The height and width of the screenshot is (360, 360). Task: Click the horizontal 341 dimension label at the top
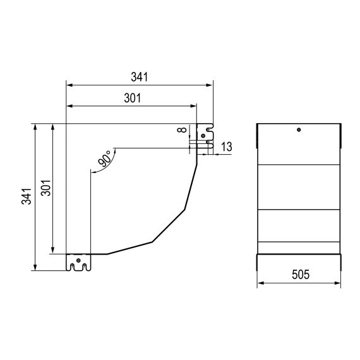(x=139, y=77)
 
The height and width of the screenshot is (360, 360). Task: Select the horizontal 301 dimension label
(x=131, y=98)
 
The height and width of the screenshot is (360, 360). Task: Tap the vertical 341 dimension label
(x=24, y=198)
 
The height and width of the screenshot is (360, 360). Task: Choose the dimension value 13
(x=227, y=147)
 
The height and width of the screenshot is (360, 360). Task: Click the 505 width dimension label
(x=300, y=275)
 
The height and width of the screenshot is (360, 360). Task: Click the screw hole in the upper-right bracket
(x=201, y=134)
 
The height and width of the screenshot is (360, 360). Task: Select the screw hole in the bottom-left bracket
(x=78, y=260)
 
